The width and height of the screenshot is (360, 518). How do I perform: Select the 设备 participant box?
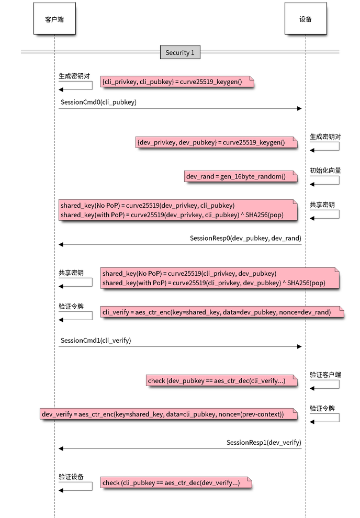[306, 19]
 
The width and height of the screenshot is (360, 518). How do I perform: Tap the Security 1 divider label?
[179, 52]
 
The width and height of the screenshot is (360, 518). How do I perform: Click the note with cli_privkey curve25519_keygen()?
[177, 82]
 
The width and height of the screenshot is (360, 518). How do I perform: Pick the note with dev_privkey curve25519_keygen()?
[216, 142]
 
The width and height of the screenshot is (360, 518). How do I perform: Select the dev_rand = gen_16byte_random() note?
[240, 176]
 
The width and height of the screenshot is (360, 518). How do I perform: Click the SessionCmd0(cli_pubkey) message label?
[98, 102]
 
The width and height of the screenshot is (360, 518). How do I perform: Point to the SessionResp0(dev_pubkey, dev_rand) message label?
[245, 238]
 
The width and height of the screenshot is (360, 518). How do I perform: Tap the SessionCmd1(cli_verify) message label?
[96, 340]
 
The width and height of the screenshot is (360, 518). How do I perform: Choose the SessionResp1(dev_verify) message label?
[264, 442]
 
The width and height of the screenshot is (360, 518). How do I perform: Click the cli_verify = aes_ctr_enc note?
[222, 312]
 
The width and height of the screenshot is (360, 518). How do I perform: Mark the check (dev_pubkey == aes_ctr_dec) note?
[221, 380]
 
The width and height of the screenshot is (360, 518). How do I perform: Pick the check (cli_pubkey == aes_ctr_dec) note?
[176, 482]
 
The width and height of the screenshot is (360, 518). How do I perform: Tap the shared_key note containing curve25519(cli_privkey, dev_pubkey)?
[219, 278]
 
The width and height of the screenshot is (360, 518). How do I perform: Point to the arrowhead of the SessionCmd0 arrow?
[299, 109]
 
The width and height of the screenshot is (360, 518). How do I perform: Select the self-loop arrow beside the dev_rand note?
[325, 179]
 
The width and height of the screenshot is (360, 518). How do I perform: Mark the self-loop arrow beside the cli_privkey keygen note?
[76, 85]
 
